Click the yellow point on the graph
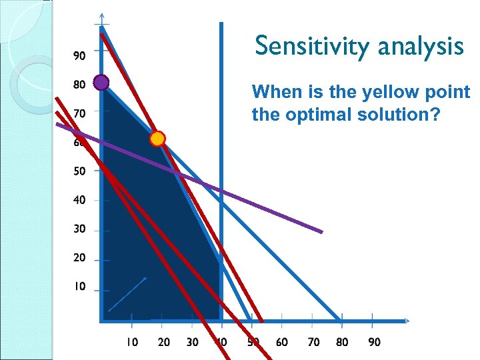coord(157,139)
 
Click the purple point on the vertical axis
coord(101,82)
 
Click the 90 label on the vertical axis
coord(79,56)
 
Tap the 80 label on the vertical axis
coord(79,85)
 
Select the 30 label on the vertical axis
coord(79,229)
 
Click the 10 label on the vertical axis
coord(79,287)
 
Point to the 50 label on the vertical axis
coord(79,171)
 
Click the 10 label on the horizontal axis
coord(133,342)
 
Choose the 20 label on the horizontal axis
coord(163,342)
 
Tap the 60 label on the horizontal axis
coord(281,342)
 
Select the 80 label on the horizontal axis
coord(342,342)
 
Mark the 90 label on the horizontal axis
coord(375,342)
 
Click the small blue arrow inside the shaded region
coord(127,295)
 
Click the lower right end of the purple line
coord(322,232)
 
